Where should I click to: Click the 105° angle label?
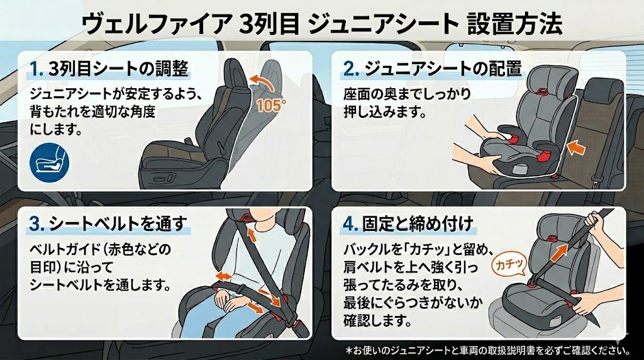click(x=271, y=104)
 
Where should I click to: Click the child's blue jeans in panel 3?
click(x=214, y=318)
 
